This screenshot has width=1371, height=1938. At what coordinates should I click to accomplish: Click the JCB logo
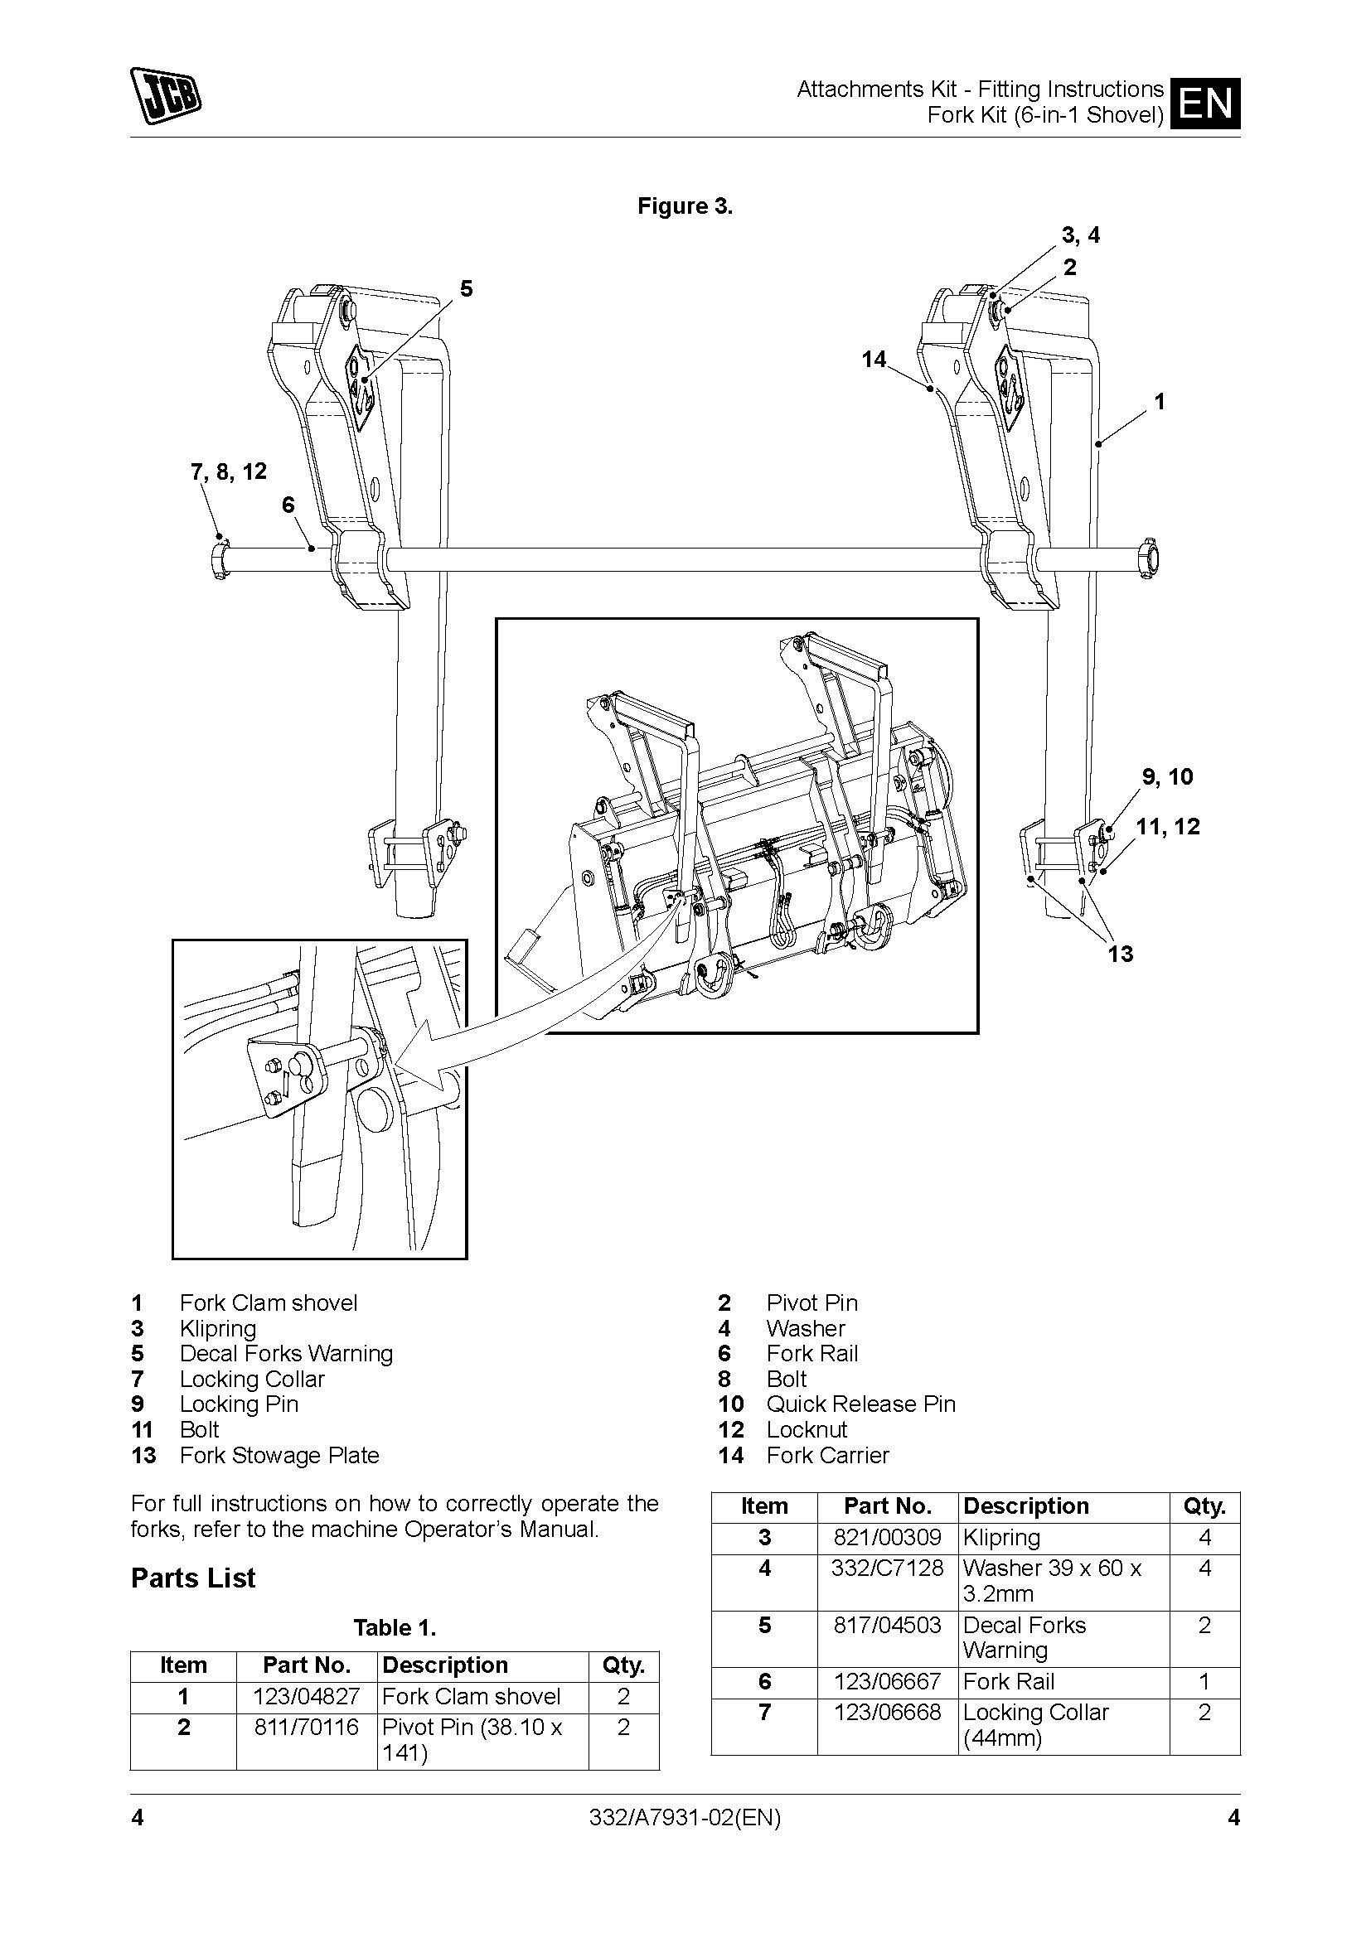(166, 95)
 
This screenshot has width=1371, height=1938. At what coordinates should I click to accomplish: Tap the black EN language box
(1204, 103)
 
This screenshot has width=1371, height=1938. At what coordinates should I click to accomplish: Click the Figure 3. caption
(685, 207)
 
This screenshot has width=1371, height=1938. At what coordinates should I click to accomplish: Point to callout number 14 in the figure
(874, 360)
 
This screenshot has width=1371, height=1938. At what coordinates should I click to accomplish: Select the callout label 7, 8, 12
(229, 471)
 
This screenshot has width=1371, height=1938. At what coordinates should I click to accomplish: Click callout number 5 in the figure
(466, 288)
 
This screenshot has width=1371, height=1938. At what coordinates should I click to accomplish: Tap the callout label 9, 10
(1168, 776)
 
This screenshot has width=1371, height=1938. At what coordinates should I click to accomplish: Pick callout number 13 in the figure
(1121, 955)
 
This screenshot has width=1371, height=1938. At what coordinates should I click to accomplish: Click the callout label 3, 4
(1081, 235)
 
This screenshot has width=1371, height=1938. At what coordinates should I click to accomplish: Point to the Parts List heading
(193, 1578)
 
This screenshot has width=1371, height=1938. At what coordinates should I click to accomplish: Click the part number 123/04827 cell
(308, 1697)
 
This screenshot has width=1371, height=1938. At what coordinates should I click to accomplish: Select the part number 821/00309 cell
(887, 1537)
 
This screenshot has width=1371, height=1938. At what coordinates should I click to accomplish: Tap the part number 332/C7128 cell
(887, 1568)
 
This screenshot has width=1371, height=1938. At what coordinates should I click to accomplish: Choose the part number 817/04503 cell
(887, 1625)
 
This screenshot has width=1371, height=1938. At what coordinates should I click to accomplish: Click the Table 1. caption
(395, 1627)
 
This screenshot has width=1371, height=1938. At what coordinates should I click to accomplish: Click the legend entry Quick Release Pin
(860, 1404)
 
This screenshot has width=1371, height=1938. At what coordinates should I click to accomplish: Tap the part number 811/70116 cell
(308, 1728)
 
